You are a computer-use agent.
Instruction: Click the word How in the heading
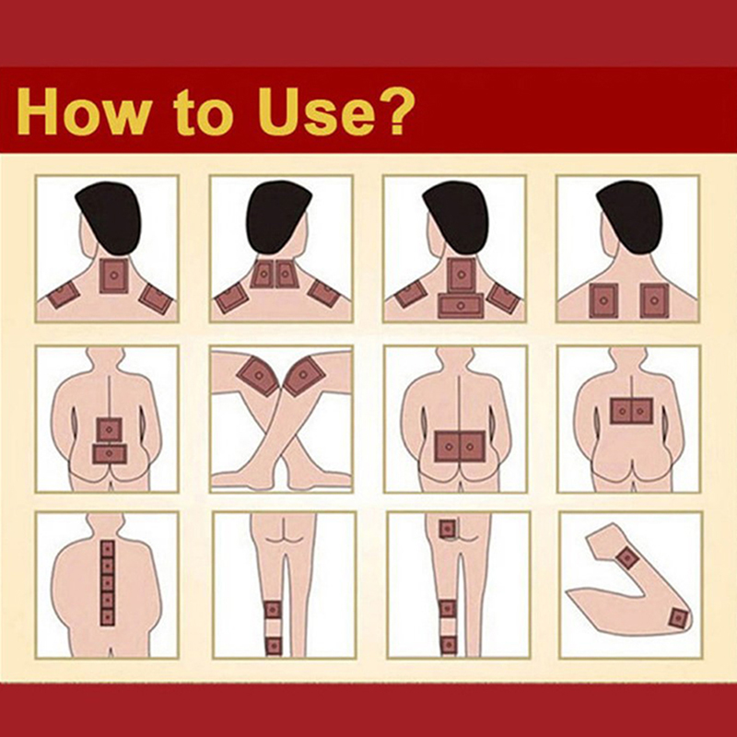pyautogui.click(x=84, y=111)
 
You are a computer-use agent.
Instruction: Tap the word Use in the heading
pyautogui.click(x=309, y=111)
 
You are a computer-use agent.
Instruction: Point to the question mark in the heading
pyautogui.click(x=388, y=111)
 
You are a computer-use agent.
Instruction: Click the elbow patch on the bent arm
pyautogui.click(x=678, y=617)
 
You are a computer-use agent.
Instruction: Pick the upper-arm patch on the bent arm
pyautogui.click(x=626, y=558)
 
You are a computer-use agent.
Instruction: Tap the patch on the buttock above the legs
pyautogui.click(x=447, y=529)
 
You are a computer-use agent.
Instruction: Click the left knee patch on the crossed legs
pyautogui.click(x=258, y=376)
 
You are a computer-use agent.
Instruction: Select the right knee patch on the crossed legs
pyautogui.click(x=305, y=375)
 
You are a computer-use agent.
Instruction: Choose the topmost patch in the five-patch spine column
pyautogui.click(x=108, y=549)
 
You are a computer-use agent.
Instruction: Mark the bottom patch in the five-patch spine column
pyautogui.click(x=108, y=616)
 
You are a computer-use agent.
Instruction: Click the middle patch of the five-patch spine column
pyautogui.click(x=108, y=583)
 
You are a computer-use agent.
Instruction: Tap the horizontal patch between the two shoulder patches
pyautogui.click(x=461, y=306)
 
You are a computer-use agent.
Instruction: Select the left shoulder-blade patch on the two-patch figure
pyautogui.click(x=603, y=300)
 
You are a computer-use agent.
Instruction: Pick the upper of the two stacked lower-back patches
pyautogui.click(x=110, y=429)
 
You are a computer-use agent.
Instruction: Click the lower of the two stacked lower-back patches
pyautogui.click(x=110, y=454)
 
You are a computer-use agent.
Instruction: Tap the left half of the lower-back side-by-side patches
pyautogui.click(x=447, y=446)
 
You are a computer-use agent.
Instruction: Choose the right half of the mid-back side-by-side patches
pyautogui.click(x=642, y=411)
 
